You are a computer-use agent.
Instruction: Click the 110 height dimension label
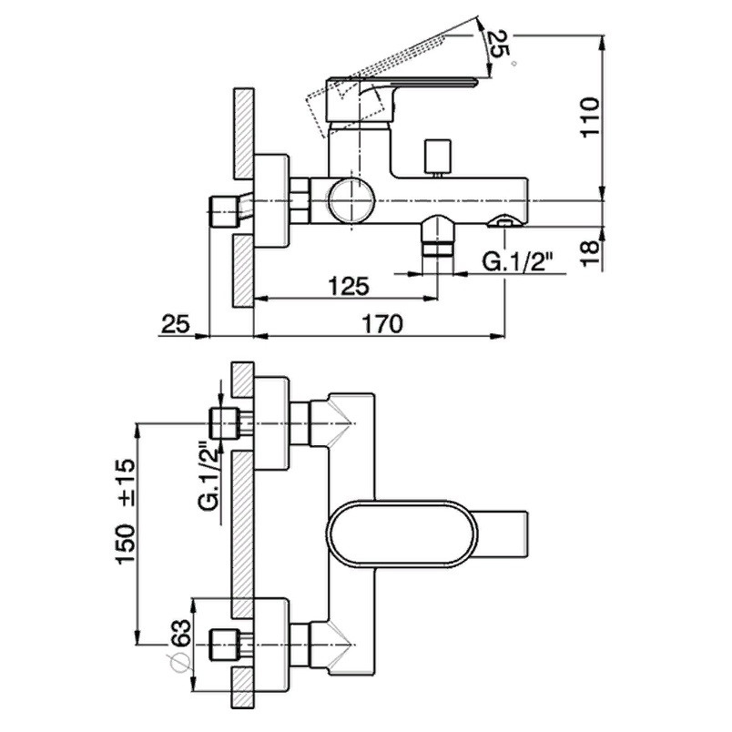point(590,117)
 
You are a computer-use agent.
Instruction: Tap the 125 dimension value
point(349,286)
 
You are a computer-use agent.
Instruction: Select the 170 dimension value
point(382,324)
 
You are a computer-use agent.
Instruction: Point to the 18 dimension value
point(590,253)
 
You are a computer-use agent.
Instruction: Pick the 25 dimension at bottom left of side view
point(176,324)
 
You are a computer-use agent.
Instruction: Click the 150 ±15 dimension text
point(126,511)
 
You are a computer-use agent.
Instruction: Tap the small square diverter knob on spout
point(437,155)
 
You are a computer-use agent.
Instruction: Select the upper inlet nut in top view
point(225,423)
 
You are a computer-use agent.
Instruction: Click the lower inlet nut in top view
point(225,645)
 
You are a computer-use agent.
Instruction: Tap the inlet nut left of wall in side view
point(224,212)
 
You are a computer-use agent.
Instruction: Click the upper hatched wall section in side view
point(243,133)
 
